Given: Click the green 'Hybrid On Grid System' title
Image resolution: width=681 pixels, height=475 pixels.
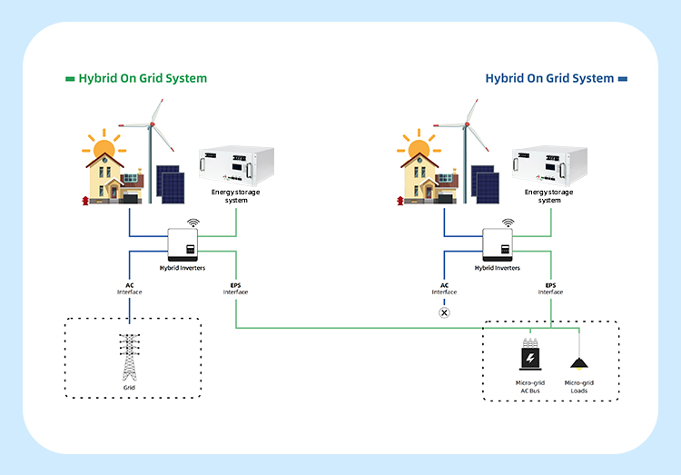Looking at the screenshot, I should [143, 78].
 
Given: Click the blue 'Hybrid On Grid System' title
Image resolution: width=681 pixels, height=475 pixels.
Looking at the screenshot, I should [549, 78].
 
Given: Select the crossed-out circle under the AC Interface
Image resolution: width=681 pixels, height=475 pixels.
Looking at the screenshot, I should [444, 312].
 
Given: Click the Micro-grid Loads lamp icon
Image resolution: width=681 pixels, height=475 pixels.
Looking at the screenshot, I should [578, 362].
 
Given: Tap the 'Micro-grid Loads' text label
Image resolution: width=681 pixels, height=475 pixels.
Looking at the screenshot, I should [578, 386].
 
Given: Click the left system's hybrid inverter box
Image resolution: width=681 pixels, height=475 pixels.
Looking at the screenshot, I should [183, 243].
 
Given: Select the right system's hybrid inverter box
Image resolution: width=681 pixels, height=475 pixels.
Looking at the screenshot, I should [498, 243].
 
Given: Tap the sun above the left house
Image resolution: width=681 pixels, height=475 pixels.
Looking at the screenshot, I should [104, 147].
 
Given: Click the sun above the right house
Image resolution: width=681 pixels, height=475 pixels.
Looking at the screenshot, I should [419, 147].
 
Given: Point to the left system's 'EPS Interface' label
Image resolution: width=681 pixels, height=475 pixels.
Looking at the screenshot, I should [235, 288].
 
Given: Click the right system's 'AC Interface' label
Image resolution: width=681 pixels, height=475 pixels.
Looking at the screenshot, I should [444, 288].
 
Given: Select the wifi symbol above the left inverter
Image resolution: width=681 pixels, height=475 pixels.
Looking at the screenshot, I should [193, 222].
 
